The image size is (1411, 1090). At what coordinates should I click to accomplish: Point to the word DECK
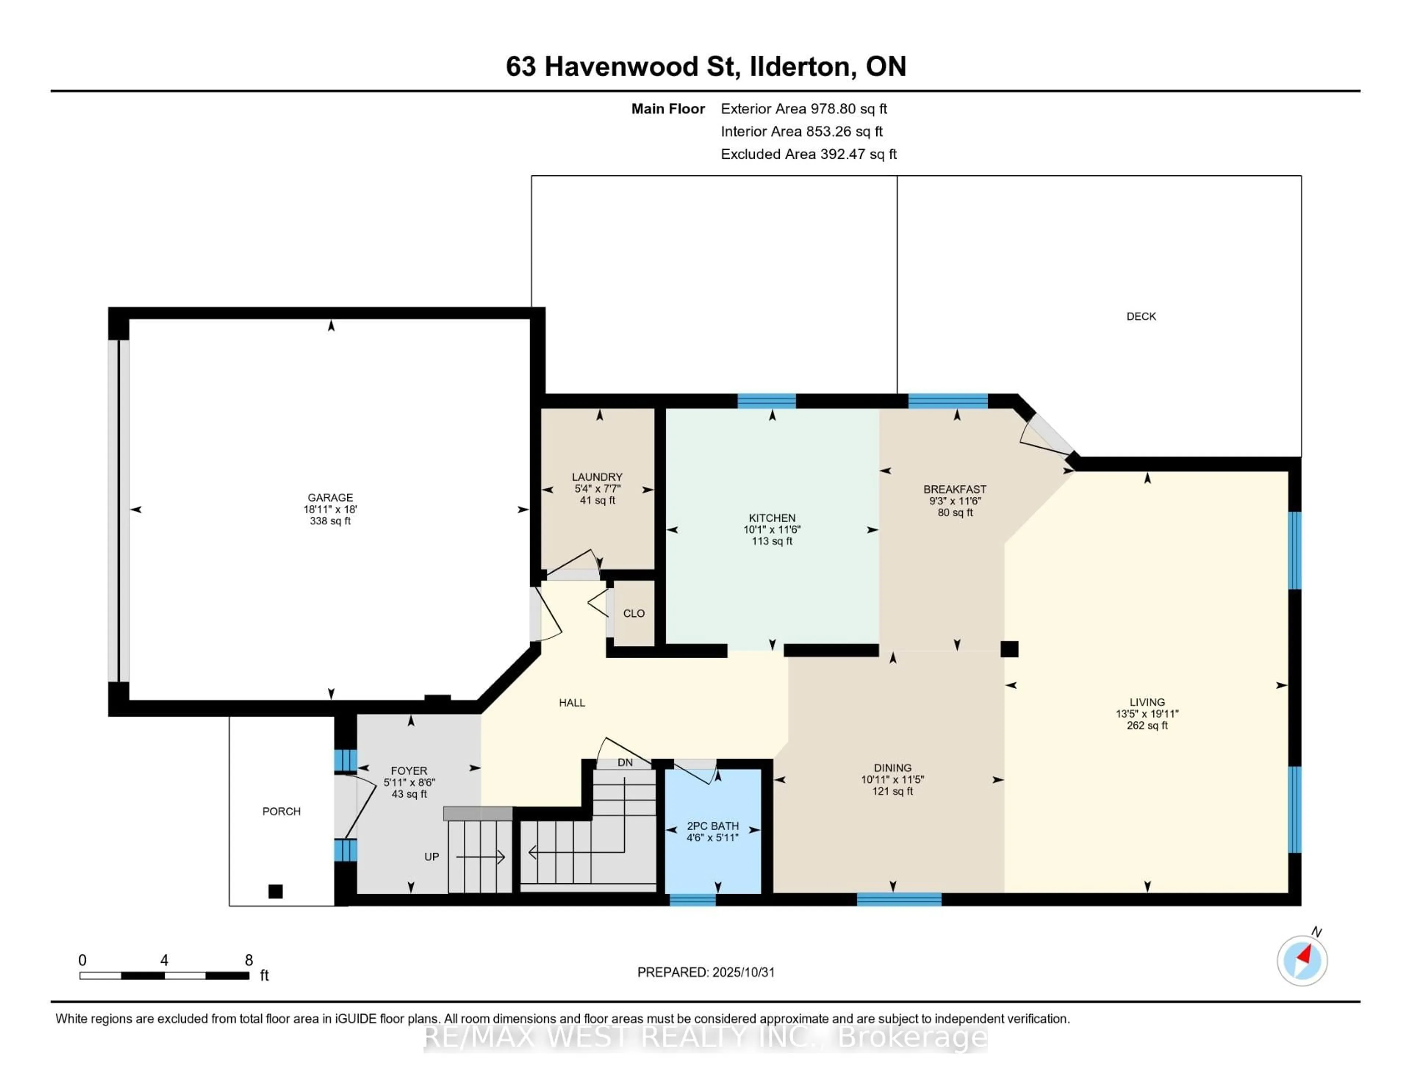click(1141, 316)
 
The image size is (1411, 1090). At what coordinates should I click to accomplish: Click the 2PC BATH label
click(712, 826)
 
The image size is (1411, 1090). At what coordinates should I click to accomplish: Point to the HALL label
click(572, 702)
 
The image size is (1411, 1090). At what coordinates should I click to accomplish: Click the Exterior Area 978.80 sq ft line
click(804, 108)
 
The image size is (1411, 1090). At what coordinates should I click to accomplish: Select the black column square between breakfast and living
click(1009, 649)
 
